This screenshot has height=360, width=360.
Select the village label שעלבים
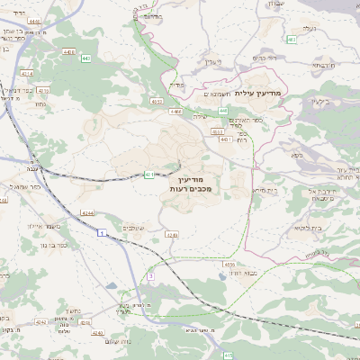pyautogui.click(x=133, y=227)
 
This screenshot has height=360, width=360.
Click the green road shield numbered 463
pyautogui.click(x=292, y=40)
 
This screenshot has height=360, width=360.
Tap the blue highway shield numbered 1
pyautogui.click(x=102, y=233)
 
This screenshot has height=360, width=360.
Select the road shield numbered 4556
pyautogui.click(x=230, y=265)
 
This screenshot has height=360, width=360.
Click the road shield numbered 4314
pyautogui.click(x=28, y=73)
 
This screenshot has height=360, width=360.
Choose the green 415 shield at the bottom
pyautogui.click(x=229, y=355)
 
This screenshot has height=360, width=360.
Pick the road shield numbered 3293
pyautogui.click(x=172, y=234)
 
